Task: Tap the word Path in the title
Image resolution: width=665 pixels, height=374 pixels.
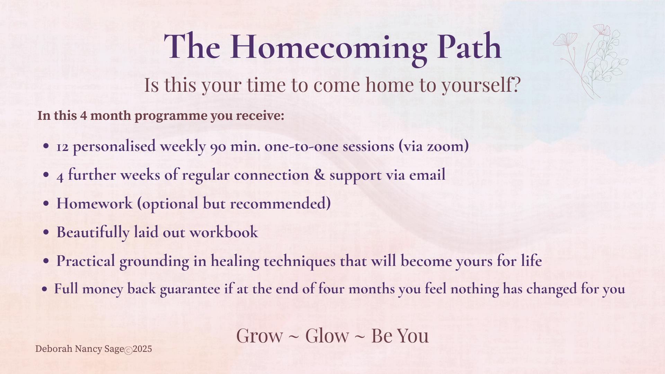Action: click(469, 46)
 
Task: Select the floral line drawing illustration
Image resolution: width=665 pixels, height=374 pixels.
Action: click(591, 61)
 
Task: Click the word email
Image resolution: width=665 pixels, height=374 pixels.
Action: click(427, 175)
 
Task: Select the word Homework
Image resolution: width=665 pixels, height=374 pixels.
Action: click(95, 203)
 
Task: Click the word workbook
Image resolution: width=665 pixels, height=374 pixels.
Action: click(224, 232)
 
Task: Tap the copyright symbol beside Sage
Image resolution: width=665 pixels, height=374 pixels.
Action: click(128, 351)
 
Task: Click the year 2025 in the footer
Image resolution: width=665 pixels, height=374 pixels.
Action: click(142, 349)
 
